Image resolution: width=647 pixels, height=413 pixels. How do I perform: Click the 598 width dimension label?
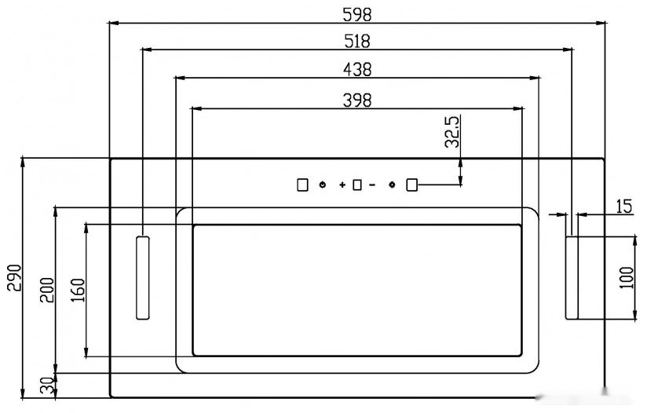click(357, 15)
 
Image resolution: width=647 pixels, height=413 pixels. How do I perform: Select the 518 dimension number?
click(357, 42)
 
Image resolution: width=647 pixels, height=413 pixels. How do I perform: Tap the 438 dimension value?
click(357, 69)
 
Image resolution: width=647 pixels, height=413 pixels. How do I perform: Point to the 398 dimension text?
click(357, 101)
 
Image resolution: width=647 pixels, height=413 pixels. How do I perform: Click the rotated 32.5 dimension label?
click(452, 132)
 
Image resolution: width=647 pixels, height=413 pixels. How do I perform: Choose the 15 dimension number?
click(624, 206)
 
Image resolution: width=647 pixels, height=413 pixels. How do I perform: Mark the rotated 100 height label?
click(627, 278)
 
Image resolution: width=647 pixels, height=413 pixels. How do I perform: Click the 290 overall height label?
click(15, 277)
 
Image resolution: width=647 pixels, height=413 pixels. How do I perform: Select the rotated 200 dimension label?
click(46, 290)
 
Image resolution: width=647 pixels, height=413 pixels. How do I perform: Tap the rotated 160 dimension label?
click(78, 290)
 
